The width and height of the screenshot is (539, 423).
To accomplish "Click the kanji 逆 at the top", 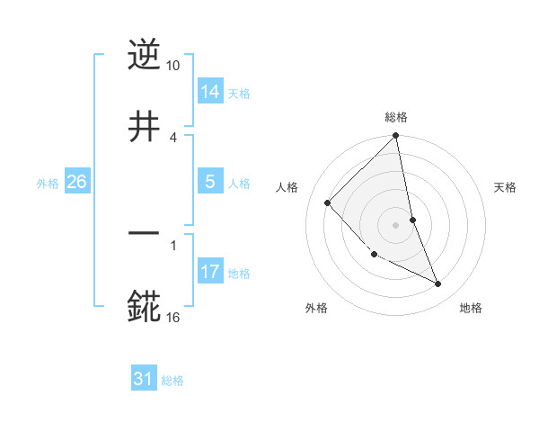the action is point(144,55).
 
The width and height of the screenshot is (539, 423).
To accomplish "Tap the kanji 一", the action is point(144,233).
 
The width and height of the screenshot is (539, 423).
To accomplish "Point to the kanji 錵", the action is point(144,305).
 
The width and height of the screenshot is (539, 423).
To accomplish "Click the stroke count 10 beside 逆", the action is point(173,67).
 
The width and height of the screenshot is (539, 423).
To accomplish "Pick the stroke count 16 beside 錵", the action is point(173,318).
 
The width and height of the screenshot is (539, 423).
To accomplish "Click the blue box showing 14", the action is point(210,92).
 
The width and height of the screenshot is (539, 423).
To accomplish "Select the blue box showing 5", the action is point(210,182).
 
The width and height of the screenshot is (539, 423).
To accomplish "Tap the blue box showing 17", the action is point(210,272).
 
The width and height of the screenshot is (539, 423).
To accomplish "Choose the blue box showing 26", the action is point(77,182).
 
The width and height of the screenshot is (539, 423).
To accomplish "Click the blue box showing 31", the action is point(144,379).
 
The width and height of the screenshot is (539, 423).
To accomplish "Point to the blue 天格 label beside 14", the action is point(239,93).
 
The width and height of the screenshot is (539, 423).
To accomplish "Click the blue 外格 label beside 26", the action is point(48,183).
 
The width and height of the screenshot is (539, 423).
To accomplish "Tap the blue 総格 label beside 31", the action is point(172,380).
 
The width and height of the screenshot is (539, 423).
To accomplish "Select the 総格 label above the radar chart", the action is point(396,117).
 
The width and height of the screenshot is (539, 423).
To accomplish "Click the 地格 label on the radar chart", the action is point(471,309).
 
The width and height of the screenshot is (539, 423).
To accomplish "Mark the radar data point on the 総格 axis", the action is point(396,137).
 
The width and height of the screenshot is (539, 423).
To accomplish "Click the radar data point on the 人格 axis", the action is point(328,202).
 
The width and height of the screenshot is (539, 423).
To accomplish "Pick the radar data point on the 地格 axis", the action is point(438,283).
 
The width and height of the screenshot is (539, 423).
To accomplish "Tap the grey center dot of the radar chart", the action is point(396,224).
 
